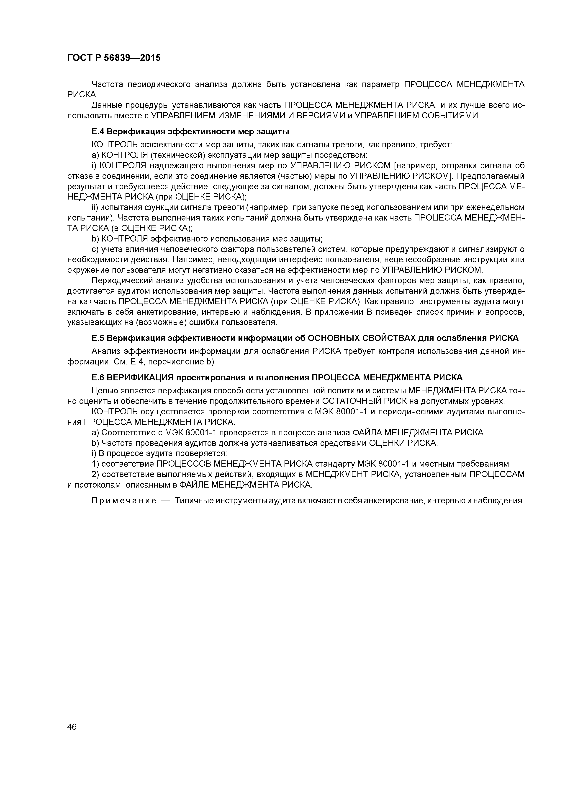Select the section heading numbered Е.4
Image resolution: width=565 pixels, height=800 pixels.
tap(190, 132)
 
